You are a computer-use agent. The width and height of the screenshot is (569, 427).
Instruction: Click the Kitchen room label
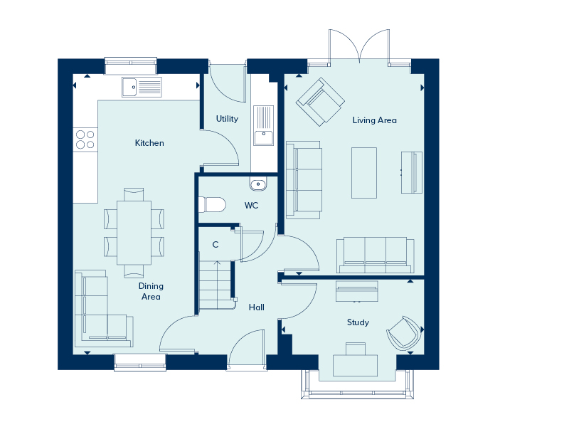(149, 143)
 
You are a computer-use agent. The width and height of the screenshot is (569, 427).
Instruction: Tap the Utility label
(227, 119)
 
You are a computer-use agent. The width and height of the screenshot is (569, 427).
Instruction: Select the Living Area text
(375, 120)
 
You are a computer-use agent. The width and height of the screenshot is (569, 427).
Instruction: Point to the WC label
(251, 206)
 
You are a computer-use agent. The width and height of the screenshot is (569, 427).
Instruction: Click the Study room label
(358, 322)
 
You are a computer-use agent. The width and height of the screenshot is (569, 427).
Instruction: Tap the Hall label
(257, 307)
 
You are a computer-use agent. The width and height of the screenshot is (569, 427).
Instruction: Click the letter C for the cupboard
(216, 245)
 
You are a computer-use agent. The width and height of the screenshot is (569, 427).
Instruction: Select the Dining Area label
(151, 291)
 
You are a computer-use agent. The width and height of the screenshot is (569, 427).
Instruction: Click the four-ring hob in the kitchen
(85, 139)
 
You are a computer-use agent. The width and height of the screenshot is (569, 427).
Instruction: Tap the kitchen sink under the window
(142, 87)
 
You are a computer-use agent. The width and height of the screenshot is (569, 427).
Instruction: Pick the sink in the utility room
(263, 125)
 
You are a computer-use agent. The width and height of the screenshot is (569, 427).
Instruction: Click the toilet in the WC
(212, 205)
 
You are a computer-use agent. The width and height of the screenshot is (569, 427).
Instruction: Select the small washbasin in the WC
(258, 184)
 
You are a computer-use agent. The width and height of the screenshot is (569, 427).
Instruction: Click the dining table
(134, 233)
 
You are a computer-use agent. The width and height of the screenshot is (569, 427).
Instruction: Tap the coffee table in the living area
(364, 173)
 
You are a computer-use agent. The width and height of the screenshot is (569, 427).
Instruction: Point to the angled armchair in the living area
(321, 102)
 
